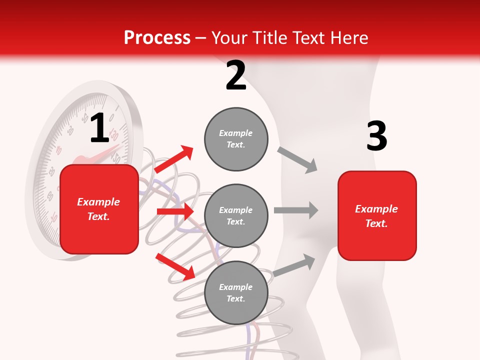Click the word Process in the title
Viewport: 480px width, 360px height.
(x=157, y=38)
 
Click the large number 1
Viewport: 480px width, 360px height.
(x=99, y=128)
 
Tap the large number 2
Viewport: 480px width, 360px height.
(x=236, y=75)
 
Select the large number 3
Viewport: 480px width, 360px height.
(x=376, y=136)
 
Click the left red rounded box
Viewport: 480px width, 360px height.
(x=99, y=209)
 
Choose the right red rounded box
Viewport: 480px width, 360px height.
(x=377, y=216)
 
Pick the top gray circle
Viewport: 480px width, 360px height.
(x=236, y=139)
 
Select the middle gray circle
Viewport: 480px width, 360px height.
(x=236, y=216)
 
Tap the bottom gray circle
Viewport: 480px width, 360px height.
(x=236, y=293)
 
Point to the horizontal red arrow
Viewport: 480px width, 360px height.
(x=175, y=211)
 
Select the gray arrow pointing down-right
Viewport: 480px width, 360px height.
(x=297, y=160)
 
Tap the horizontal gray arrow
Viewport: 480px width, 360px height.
(x=296, y=210)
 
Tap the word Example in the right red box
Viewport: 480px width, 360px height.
(x=376, y=209)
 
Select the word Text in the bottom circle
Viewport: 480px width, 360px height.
(x=235, y=299)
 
